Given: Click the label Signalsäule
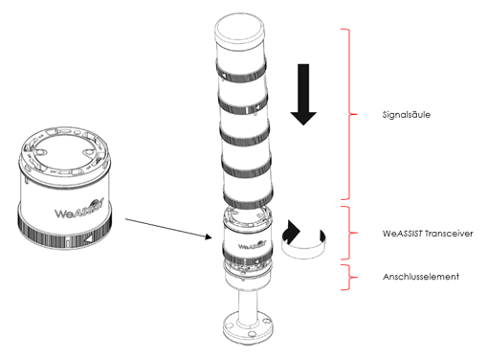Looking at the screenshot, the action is coord(406,115).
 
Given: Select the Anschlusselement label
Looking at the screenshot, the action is coord(421,277).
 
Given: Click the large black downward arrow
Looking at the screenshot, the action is coord(303,95).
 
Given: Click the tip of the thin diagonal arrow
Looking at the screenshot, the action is coord(212,237).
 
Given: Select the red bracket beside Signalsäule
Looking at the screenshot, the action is coord(349,114).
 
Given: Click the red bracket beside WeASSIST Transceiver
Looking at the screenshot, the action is coord(349,233).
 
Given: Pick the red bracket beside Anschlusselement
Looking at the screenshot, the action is coord(349,277).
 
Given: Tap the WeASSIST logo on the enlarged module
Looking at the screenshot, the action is coord(79,210).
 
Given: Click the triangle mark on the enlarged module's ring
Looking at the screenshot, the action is coord(88,238).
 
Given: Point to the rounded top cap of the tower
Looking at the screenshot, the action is coord(240,30).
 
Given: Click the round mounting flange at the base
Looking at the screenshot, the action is coord(248,327).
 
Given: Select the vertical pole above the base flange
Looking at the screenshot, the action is coord(248,304).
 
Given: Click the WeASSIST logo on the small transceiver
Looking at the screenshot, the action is coord(252,245).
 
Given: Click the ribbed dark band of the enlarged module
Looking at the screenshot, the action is coord(65,233).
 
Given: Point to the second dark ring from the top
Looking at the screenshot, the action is coord(243,103).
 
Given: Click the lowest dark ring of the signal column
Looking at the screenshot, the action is coord(249,199).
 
